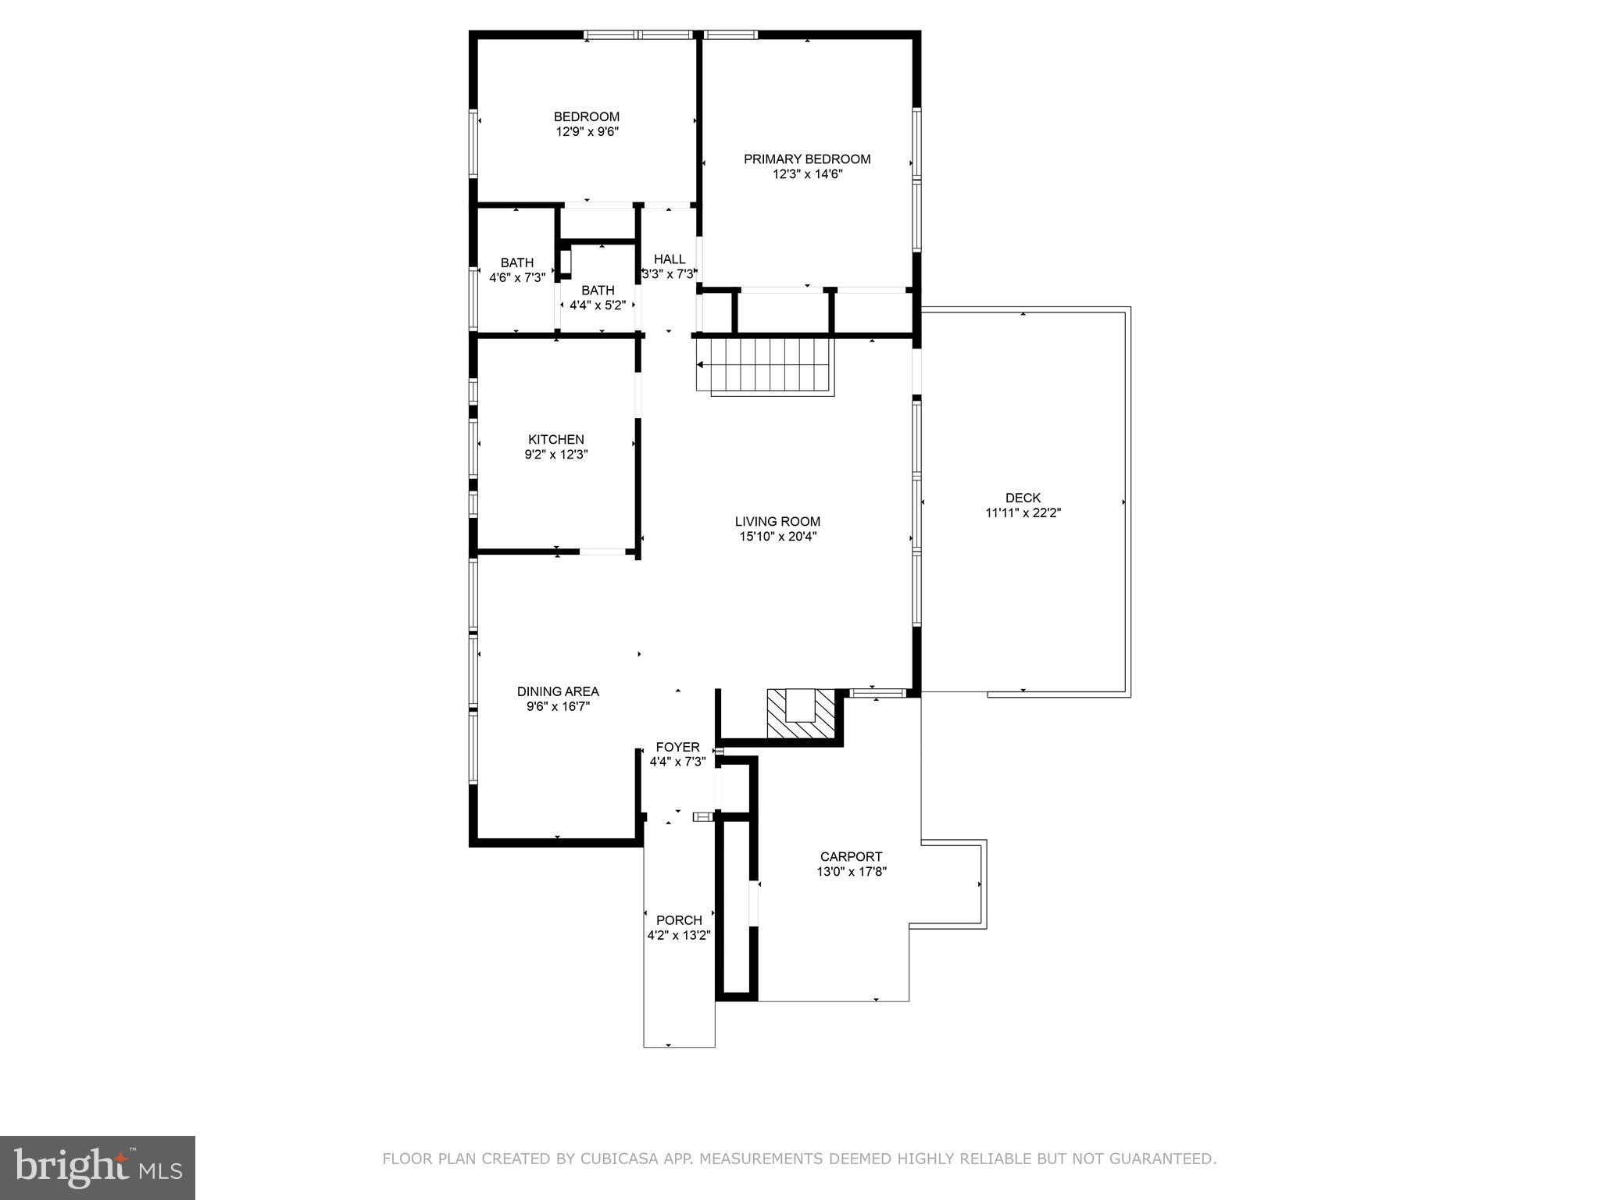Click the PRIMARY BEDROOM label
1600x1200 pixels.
pos(807,159)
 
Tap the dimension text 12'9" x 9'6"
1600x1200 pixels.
pos(587,132)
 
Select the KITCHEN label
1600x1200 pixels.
pos(556,440)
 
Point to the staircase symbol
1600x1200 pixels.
pos(766,365)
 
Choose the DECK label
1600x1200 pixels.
pos(1023,498)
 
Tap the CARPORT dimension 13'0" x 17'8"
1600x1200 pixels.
pos(852,872)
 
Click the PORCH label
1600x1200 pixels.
pos(679,920)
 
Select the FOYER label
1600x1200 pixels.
pos(677,748)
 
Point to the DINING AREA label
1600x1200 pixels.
pos(558,691)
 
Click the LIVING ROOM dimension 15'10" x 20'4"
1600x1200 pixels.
pos(778,537)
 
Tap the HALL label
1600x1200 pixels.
pos(670,259)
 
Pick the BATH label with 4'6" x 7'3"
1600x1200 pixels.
pos(517,263)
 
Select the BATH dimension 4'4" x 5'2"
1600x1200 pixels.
pos(598,305)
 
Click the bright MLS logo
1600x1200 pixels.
pos(98,1168)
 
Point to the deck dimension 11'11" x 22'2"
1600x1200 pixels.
pos(1023,513)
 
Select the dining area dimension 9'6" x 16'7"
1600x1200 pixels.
pos(558,707)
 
